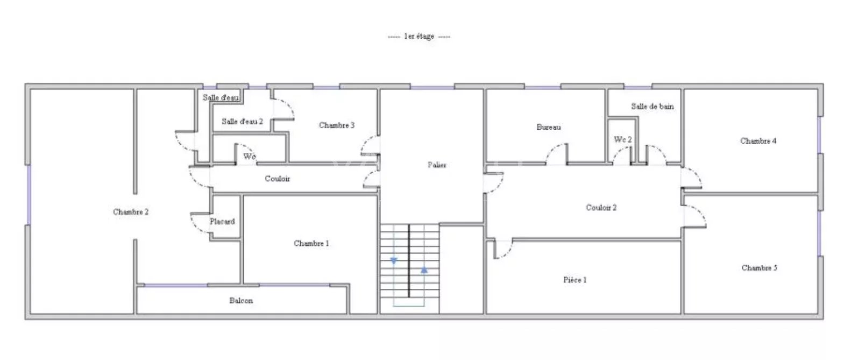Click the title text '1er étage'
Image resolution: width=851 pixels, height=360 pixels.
[419, 37]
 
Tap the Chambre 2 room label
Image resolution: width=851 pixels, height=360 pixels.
[131, 211]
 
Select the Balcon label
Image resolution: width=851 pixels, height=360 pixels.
[241, 300]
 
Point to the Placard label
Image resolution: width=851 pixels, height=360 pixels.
[222, 221]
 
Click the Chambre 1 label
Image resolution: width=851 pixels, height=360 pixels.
[311, 243]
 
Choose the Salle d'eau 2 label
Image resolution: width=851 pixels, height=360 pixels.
[242, 121]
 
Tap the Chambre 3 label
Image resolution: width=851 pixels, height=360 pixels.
[337, 125]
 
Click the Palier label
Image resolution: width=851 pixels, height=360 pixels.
[437, 165]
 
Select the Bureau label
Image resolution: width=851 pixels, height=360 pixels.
[549, 127]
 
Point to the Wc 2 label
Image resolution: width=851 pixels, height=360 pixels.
[623, 139]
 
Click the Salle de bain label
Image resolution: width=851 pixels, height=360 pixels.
[653, 107]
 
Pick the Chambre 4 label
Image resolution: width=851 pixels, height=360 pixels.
[758, 141]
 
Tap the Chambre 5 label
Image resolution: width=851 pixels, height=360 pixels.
[759, 267]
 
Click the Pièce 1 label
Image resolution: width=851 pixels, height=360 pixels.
[575, 280]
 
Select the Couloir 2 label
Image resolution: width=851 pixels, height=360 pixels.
[601, 208]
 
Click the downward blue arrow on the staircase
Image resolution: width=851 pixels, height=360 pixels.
[394, 261]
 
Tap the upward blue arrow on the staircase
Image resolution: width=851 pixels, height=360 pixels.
[424, 270]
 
